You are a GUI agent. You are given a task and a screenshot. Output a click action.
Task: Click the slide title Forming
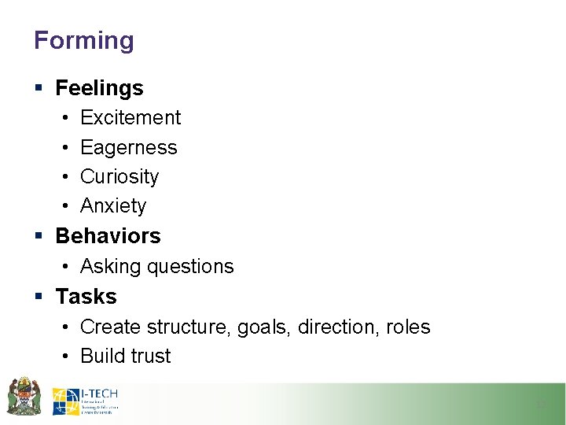84,40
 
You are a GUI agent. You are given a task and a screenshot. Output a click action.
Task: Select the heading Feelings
99,88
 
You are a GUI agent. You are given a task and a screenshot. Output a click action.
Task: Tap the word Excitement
130,117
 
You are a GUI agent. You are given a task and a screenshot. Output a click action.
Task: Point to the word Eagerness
129,147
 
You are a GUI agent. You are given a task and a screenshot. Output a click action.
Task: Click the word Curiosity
119,176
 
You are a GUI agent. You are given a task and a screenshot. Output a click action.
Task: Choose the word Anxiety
113,205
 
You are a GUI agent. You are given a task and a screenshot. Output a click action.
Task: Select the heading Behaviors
108,235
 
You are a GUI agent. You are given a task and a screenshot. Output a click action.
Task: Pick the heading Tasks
86,296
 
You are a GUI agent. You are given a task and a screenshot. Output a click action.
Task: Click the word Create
110,327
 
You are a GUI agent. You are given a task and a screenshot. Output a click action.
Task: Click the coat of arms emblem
24,395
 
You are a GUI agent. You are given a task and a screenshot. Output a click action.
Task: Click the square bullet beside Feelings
39,88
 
